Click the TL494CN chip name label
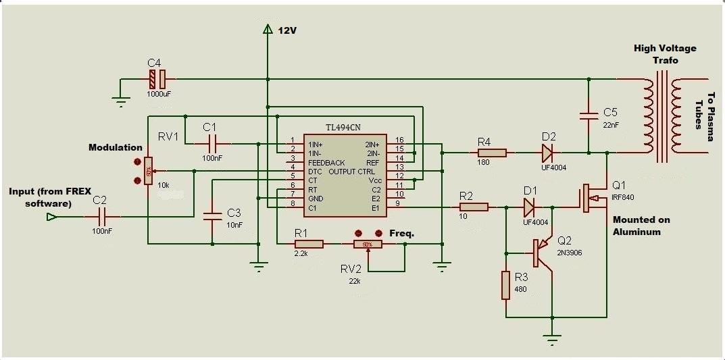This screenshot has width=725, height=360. tap(344, 127)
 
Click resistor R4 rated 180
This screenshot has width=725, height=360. tap(491, 153)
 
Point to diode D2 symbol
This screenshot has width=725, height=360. tap(547, 153)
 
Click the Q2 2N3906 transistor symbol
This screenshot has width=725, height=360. tap(541, 253)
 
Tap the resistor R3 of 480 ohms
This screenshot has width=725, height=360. tap(505, 285)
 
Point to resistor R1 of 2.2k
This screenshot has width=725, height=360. tap(309, 244)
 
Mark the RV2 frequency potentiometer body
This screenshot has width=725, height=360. tap(368, 244)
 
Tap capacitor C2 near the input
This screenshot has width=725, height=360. tap(102, 217)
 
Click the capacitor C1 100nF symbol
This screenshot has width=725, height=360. tap(211, 143)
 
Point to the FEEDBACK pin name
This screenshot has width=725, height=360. tap(326, 163)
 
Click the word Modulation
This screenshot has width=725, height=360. tap(115, 147)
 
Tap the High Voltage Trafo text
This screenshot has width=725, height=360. tap(664, 54)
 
